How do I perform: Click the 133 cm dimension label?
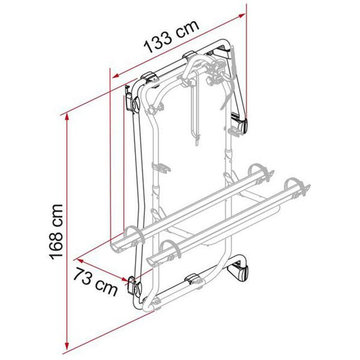pyautogui.click(x=172, y=37)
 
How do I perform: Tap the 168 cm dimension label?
pyautogui.click(x=56, y=232)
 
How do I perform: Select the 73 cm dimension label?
pyautogui.click(x=95, y=282)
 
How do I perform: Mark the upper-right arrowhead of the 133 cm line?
pyautogui.click(x=241, y=15)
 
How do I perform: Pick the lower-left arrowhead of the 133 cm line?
pyautogui.click(x=116, y=75)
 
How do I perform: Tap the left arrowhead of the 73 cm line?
pyautogui.click(x=80, y=261)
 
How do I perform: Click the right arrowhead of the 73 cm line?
pyautogui.click(x=124, y=278)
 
